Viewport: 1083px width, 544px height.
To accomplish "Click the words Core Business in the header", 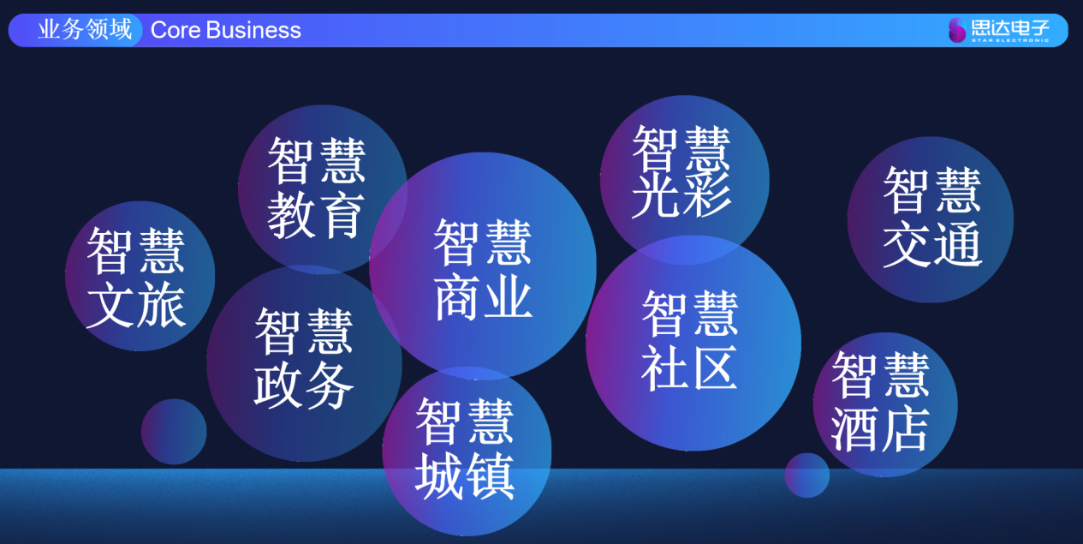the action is pos(226,30).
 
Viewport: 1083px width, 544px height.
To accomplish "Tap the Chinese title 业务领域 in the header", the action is pos(85,29).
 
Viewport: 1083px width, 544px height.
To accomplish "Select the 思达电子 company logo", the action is pos(998,30).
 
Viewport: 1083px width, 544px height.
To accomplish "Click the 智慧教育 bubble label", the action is pos(316,188).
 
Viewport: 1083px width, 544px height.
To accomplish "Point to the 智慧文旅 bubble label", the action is pos(136,278).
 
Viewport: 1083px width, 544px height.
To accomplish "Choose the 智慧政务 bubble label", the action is pos(304,359).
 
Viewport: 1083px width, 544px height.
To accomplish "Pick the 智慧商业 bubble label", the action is pos(483,270).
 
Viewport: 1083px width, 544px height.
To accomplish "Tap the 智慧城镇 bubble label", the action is pos(465,449).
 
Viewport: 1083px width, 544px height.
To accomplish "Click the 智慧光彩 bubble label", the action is pos(681,171).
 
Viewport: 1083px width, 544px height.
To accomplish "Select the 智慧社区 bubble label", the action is pos(690,340).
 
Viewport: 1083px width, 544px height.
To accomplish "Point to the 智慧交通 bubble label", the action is pos(932,217).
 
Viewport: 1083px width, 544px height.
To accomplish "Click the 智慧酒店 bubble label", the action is pos(880,402).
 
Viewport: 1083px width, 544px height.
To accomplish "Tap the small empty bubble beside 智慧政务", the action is pos(174,432).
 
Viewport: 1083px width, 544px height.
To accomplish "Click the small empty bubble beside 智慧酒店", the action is pos(807,475).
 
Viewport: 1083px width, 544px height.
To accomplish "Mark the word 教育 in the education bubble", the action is pos(316,215).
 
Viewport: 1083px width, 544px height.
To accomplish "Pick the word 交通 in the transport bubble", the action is pos(932,244).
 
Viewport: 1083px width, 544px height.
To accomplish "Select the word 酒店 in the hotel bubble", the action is pos(880,429).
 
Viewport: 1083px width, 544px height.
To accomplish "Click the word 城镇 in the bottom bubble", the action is pos(465,476).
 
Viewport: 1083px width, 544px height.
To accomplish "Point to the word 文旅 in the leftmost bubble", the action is pos(136,305).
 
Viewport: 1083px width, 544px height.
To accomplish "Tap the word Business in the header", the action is pos(253,30).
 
